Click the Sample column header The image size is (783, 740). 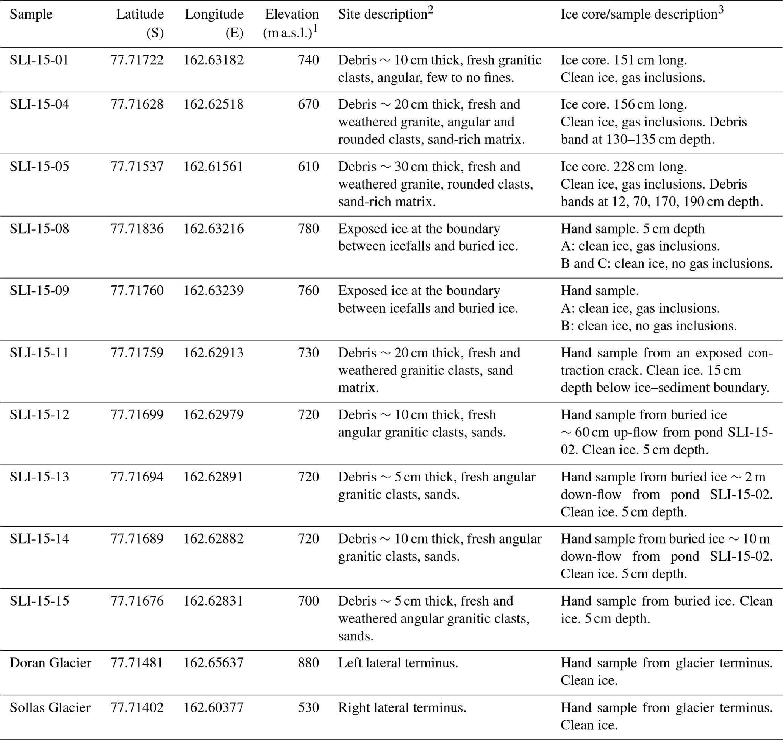pyautogui.click(x=31, y=15)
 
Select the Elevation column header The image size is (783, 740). pyautogui.click(x=292, y=15)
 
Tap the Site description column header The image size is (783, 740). pyautogui.click(x=382, y=15)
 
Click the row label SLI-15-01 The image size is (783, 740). pyautogui.click(x=39, y=60)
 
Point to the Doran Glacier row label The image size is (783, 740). pyautogui.click(x=50, y=663)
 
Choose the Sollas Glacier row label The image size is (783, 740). pyautogui.click(x=50, y=708)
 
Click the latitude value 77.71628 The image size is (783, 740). pyautogui.click(x=136, y=104)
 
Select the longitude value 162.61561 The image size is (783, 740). pyautogui.click(x=213, y=167)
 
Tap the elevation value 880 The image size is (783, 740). pyautogui.click(x=308, y=663)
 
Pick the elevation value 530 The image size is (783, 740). pyautogui.click(x=308, y=708)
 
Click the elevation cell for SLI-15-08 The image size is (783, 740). pyautogui.click(x=308, y=229)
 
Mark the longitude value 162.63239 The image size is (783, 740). pyautogui.click(x=213, y=291)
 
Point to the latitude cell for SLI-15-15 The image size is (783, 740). pyautogui.click(x=136, y=601)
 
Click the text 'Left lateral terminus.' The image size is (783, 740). pyautogui.click(x=398, y=663)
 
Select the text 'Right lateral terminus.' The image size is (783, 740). pyautogui.click(x=402, y=708)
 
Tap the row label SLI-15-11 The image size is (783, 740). pyautogui.click(x=39, y=353)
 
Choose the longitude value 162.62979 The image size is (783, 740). pyautogui.click(x=213, y=414)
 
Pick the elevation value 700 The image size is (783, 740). pyautogui.click(x=308, y=601)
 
